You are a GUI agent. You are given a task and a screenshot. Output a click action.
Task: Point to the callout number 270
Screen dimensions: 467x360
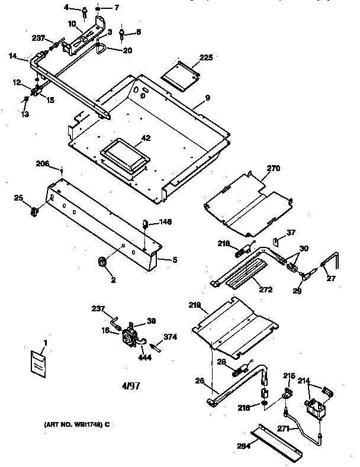[272, 169]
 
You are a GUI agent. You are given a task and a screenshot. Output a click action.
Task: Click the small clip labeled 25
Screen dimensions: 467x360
[35, 209]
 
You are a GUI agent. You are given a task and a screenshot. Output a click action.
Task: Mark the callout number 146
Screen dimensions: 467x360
[165, 223]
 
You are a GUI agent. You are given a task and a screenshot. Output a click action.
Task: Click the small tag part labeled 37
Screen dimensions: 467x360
[276, 241]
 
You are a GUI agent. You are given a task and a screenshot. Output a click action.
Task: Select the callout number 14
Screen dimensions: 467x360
[14, 57]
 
